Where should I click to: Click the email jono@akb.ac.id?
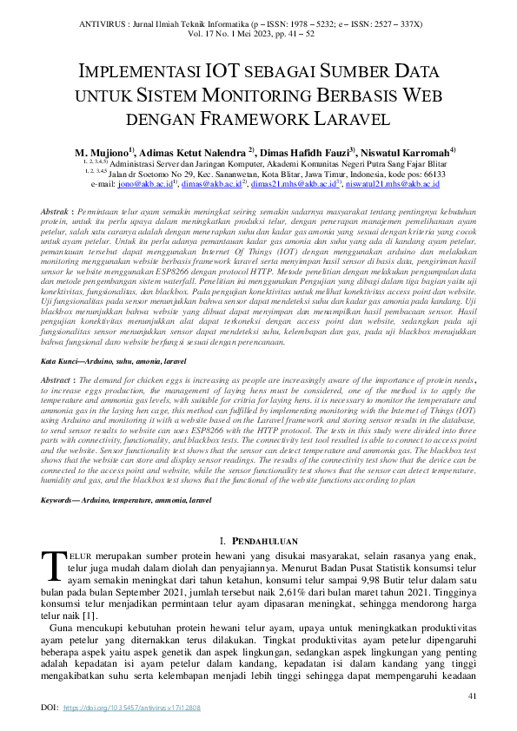144,184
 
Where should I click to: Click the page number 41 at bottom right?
473,695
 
